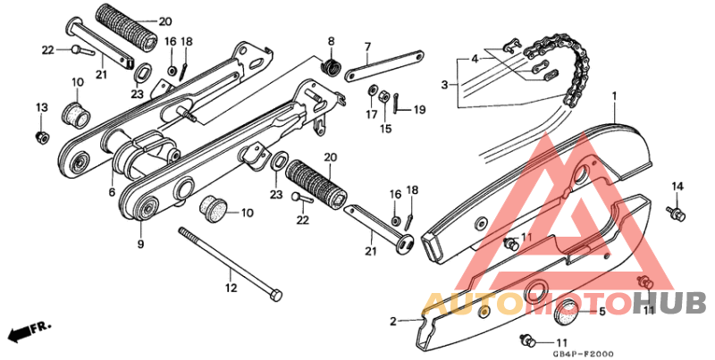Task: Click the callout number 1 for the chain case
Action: [x=615, y=96]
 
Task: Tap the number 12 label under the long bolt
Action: [x=231, y=289]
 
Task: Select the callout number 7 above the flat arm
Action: [x=366, y=46]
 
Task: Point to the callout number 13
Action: [x=40, y=107]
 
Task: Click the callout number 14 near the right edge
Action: [x=677, y=186]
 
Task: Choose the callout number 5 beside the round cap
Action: [x=601, y=312]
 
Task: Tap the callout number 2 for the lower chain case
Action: [x=392, y=321]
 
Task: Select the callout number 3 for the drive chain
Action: [x=443, y=85]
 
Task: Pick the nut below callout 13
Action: [x=40, y=136]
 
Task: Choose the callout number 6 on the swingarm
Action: [x=112, y=192]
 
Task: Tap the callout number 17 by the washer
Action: [x=371, y=114]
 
